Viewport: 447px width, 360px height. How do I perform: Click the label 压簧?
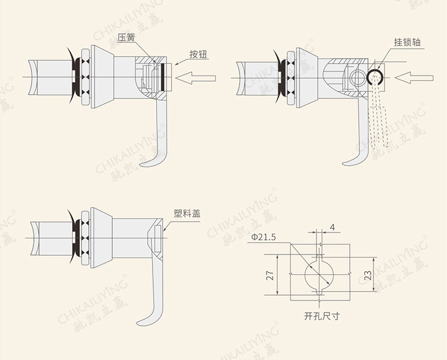pyautogui.click(x=126, y=38)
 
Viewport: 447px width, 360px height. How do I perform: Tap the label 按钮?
pyautogui.click(x=198, y=54)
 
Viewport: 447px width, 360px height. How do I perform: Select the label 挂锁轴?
pyautogui.click(x=408, y=42)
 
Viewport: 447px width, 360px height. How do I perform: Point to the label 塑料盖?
pyautogui.click(x=187, y=213)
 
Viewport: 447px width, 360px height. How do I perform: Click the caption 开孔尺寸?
pyautogui.click(x=322, y=316)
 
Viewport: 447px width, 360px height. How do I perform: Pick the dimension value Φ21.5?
pyautogui.click(x=263, y=237)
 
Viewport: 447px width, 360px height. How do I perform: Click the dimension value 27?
pyautogui.click(x=270, y=275)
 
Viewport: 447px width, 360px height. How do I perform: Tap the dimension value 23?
pyautogui.click(x=368, y=275)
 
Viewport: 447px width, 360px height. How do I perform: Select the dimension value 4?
pyautogui.click(x=333, y=227)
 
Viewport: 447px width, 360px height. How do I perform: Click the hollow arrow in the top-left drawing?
pyautogui.click(x=195, y=78)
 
